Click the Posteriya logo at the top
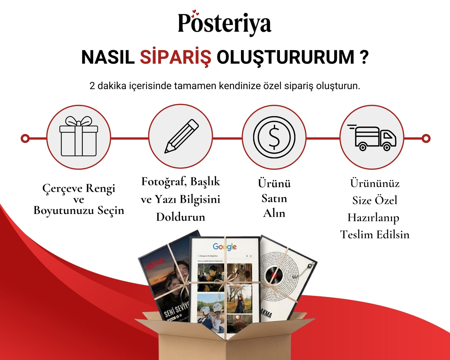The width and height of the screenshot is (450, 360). pos(225,23)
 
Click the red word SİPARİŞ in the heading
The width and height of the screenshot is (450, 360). pos(175,57)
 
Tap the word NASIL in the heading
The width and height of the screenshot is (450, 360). pos(108,57)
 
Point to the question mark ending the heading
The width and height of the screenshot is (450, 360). pos(364,57)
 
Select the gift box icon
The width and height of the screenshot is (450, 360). pos(78,137)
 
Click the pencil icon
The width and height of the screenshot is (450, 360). pos(181,136)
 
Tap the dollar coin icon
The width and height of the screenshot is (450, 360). pos(274,137)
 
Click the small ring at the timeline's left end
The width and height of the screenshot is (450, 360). pos(25,138)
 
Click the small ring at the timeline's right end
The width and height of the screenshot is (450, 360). pos(426,138)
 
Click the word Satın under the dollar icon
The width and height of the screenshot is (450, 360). pos(274,198)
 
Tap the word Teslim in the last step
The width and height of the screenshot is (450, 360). pos(356,234)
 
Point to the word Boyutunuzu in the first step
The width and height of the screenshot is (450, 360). pos(64,211)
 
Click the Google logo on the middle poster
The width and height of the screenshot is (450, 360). pos(225,247)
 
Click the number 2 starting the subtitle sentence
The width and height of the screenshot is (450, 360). pos(92,86)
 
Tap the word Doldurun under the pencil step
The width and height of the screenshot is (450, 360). pos(181,217)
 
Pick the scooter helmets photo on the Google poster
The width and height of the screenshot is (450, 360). pos(211,308)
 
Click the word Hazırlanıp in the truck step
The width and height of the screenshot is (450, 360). pos(373,217)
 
